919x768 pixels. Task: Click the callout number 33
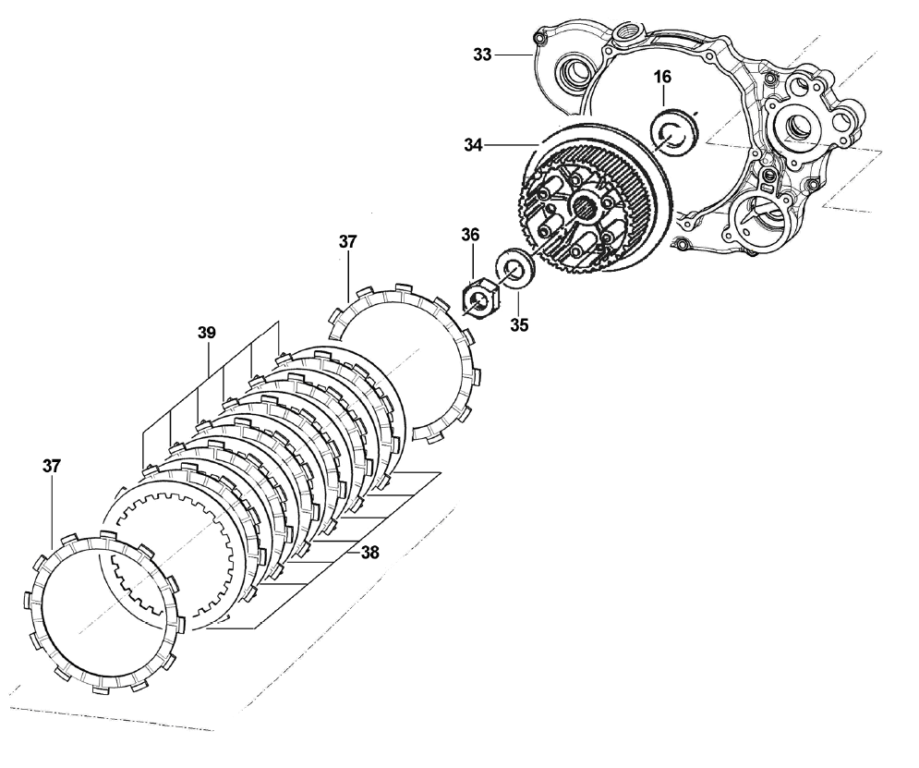tap(482, 55)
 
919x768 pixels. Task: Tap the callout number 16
tap(662, 77)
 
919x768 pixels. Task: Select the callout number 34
tap(474, 144)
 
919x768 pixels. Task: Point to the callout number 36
tap(470, 236)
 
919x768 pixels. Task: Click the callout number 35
tap(520, 325)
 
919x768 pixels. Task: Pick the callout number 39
tap(207, 332)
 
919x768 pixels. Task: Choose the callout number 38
tap(369, 553)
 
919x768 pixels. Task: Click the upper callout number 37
tap(347, 242)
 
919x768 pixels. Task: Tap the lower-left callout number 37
tap(52, 467)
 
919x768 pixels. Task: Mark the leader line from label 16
tap(663, 99)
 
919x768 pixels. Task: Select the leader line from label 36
tap(472, 262)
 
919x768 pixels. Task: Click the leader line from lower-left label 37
tap(53, 508)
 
